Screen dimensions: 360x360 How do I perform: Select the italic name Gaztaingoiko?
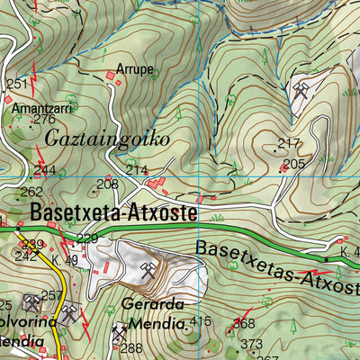[x=104, y=139]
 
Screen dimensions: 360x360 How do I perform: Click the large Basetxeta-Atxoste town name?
[x=113, y=214]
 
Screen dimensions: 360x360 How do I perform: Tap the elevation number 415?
[x=200, y=321]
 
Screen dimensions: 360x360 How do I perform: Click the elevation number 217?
[x=288, y=143]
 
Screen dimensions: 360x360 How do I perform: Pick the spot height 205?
[x=293, y=164]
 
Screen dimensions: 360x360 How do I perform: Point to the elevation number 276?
[x=44, y=119]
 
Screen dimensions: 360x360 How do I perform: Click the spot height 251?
[x=16, y=85]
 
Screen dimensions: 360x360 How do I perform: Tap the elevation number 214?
[x=136, y=169]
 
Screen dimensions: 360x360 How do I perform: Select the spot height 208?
[x=107, y=184]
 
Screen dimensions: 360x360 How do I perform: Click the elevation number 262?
[x=31, y=192]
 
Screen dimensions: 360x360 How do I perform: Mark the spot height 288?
[x=131, y=348]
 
